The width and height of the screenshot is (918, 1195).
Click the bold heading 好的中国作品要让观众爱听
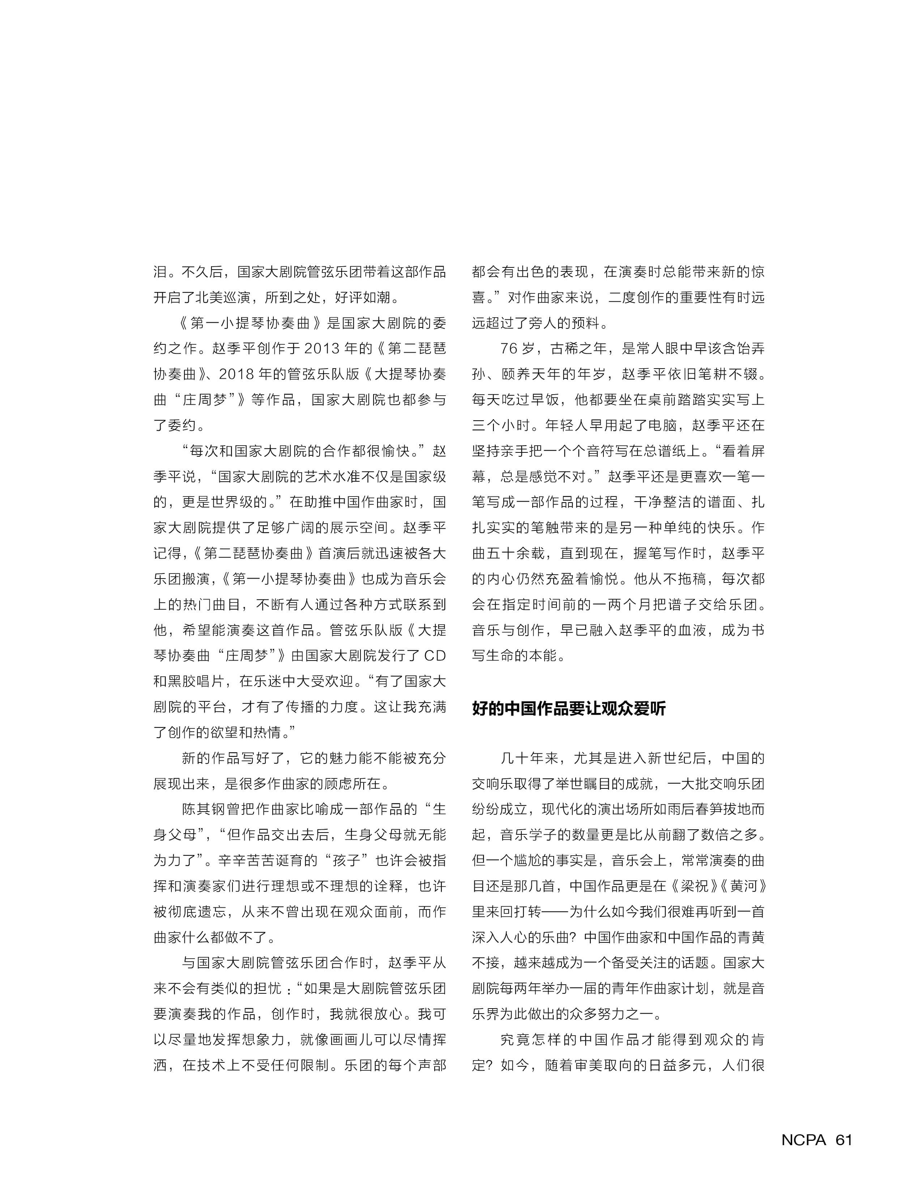tap(569, 709)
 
